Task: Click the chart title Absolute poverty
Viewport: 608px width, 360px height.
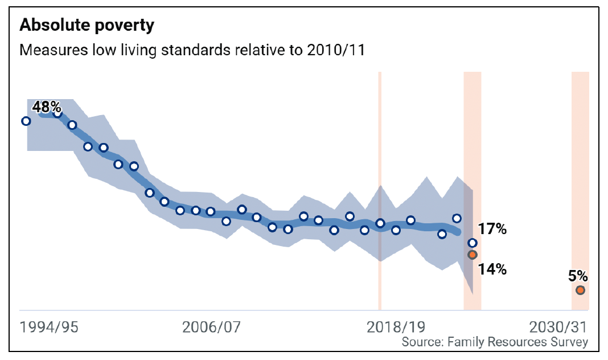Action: click(x=87, y=25)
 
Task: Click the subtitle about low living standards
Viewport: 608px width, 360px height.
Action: click(x=192, y=50)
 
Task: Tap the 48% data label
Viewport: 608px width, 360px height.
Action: click(x=46, y=107)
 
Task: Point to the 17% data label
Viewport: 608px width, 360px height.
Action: click(x=492, y=230)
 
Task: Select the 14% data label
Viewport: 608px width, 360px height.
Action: click(x=492, y=269)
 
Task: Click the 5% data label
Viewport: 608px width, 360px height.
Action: click(x=578, y=276)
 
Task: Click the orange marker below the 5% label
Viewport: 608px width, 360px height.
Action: click(x=580, y=291)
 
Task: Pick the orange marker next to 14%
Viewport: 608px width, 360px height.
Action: click(x=472, y=255)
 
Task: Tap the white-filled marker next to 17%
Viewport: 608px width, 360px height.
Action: click(x=472, y=243)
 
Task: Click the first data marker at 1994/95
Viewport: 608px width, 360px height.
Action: click(x=26, y=121)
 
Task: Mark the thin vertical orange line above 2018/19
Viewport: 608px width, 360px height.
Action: click(x=380, y=142)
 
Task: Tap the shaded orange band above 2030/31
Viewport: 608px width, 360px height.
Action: click(x=580, y=171)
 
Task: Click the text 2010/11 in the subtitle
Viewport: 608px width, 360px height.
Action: click(x=336, y=50)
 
